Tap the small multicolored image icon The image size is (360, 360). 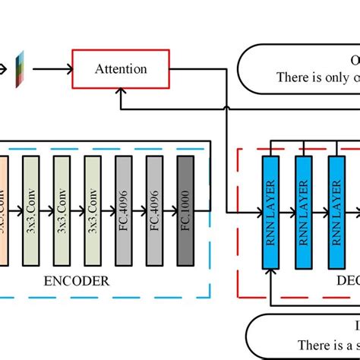(x=21, y=69)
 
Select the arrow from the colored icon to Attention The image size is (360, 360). (x=49, y=69)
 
